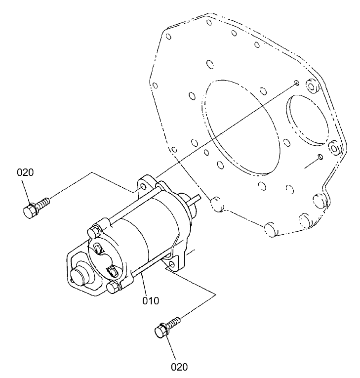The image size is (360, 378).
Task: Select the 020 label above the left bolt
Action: coord(26,173)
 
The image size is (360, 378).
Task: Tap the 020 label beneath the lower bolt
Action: coord(180,367)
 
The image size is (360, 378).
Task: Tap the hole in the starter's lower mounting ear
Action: coord(171,265)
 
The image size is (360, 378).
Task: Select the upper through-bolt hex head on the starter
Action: coord(94,231)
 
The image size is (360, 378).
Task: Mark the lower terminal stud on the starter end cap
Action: coord(112,270)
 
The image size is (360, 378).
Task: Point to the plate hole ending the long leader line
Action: coord(296,82)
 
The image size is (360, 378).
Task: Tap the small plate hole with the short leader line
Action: coord(321,157)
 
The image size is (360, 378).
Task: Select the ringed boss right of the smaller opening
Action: coord(334,148)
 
